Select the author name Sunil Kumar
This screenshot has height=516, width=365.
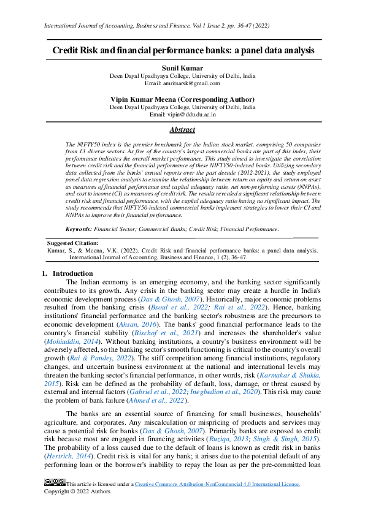tap(182, 69)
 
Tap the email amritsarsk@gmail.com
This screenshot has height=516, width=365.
tap(182, 83)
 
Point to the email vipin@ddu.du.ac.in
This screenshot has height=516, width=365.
tap(182, 114)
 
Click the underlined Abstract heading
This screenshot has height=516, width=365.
tap(182, 130)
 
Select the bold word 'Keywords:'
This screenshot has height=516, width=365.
tap(79, 229)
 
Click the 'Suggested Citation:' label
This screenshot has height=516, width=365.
tap(72, 243)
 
